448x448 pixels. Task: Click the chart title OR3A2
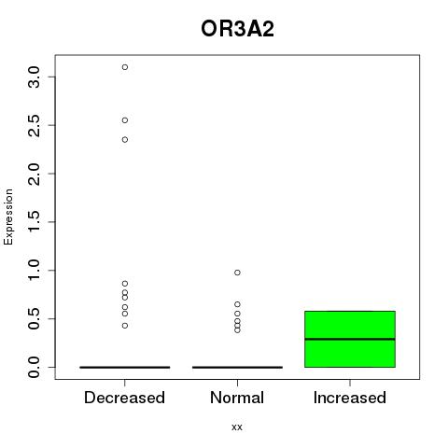point(237,29)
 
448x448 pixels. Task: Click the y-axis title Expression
point(8,217)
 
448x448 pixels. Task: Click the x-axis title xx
point(237,427)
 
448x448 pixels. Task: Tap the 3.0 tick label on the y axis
point(34,77)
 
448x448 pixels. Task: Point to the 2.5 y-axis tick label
point(34,125)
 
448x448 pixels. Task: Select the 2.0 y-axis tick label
point(34,174)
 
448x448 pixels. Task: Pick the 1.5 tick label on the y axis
point(34,222)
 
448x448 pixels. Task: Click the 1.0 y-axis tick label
point(34,271)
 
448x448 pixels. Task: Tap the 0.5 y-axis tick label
point(34,318)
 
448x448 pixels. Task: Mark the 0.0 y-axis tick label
point(34,367)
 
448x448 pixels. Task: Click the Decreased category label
point(124,398)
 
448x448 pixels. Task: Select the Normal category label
point(237,398)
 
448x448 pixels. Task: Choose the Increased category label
point(350,398)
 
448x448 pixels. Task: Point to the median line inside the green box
point(350,339)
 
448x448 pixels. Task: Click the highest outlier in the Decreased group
point(125,67)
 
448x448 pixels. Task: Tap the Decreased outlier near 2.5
point(125,120)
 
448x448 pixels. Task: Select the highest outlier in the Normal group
point(237,273)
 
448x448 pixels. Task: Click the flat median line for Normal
point(237,368)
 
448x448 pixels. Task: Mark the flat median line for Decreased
point(125,368)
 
